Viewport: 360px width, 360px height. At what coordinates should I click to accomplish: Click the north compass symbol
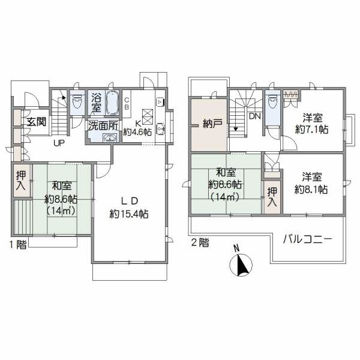241,265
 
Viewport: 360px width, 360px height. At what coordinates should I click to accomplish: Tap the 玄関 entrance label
37,121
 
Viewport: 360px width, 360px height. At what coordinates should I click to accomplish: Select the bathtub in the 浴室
112,102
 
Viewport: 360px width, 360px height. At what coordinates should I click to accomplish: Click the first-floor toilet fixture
77,100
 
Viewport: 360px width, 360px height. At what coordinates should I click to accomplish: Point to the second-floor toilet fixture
272,100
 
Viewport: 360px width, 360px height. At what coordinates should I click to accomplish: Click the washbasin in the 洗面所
110,138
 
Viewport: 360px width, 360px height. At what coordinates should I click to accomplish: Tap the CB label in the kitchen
127,103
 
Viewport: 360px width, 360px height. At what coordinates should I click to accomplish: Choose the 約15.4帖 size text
129,214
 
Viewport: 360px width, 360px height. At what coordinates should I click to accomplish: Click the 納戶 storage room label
212,124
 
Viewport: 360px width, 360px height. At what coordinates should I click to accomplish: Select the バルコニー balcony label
307,240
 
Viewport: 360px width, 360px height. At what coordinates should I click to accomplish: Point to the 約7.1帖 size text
311,130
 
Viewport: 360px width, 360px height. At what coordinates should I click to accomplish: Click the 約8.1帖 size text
311,190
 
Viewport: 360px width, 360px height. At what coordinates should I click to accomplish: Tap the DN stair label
255,116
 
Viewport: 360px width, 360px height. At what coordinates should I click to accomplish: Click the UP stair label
59,143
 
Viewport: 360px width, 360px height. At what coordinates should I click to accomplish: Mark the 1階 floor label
18,245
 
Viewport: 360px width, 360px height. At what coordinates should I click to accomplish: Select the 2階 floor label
200,242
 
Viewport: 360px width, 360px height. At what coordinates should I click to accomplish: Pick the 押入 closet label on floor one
21,181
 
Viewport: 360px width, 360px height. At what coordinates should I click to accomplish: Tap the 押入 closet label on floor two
272,197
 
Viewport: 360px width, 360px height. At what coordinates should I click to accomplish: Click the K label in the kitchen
138,124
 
